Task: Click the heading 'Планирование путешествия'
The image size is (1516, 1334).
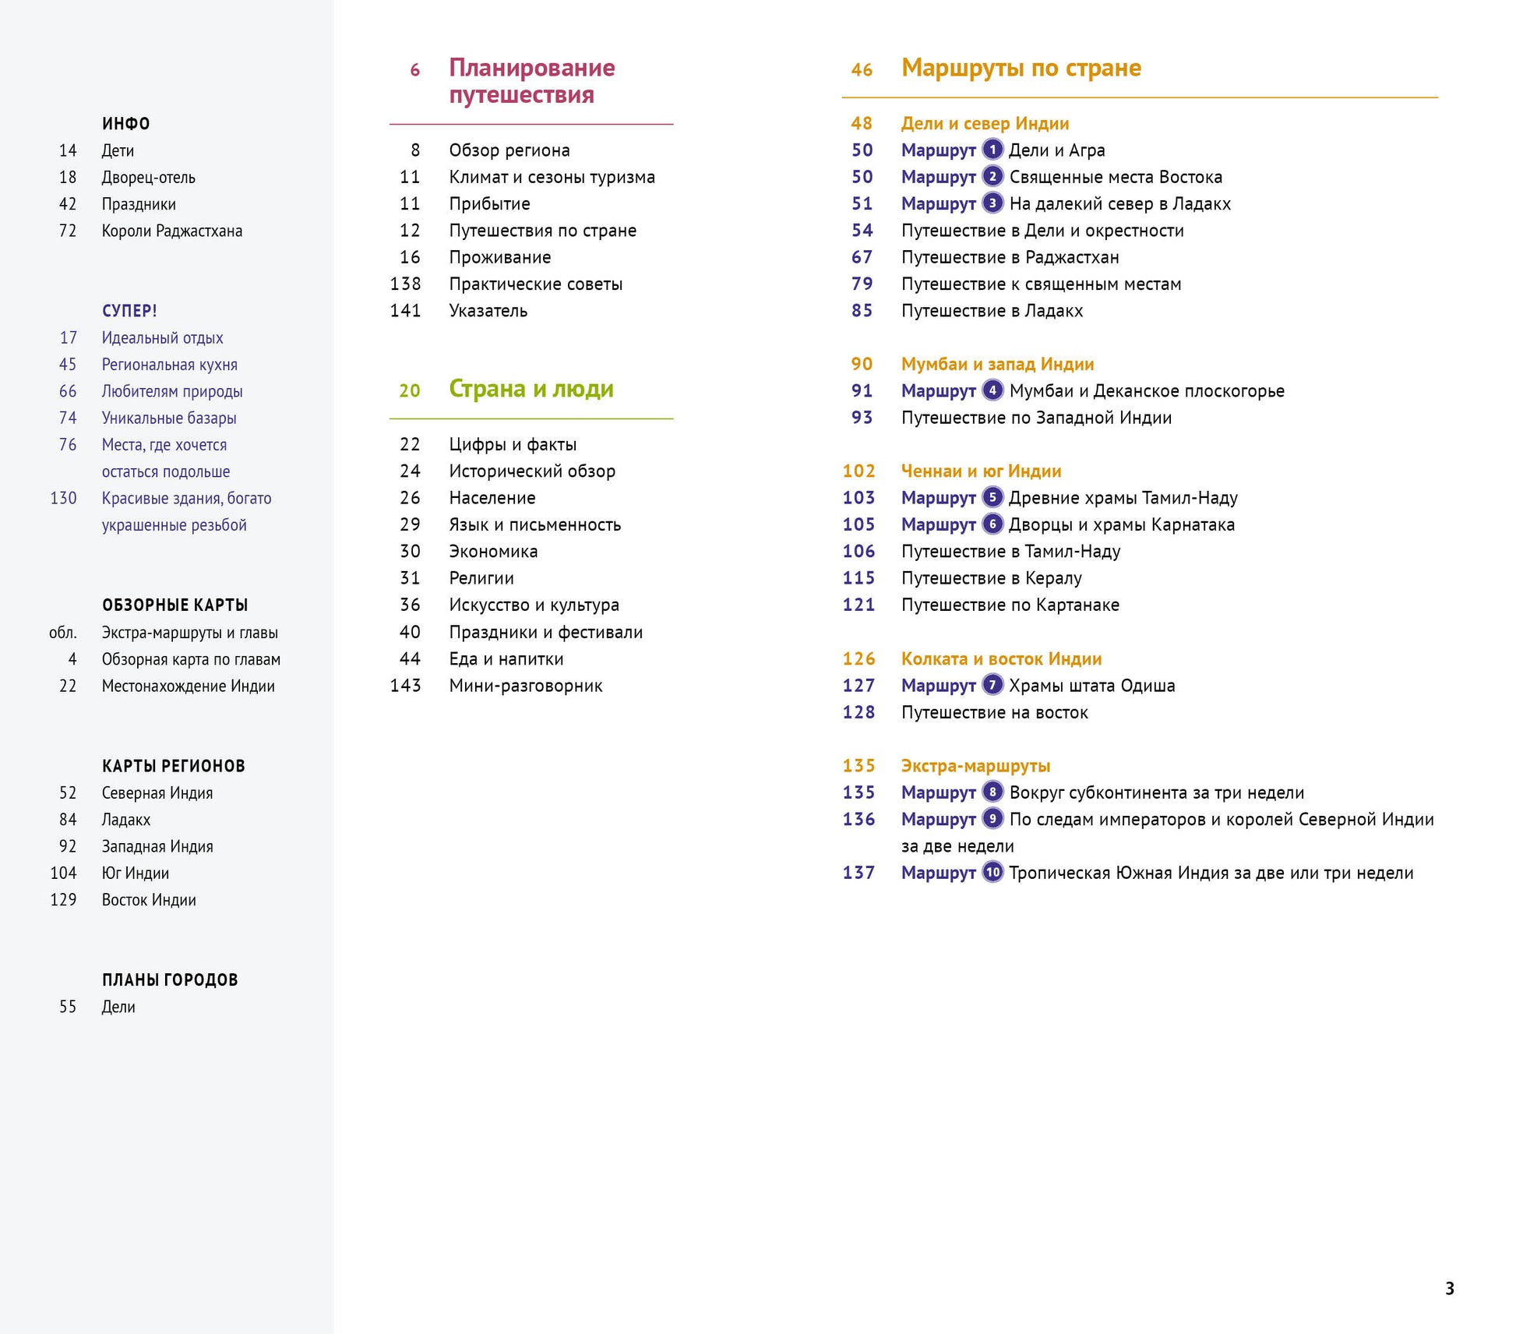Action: pyautogui.click(x=531, y=81)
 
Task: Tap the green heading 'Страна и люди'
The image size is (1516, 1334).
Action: pyautogui.click(x=531, y=389)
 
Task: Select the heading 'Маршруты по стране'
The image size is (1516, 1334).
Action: pyautogui.click(x=1021, y=69)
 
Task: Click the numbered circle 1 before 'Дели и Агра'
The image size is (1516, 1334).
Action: pyautogui.click(x=992, y=150)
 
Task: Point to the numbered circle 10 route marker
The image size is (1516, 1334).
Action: pyautogui.click(x=992, y=873)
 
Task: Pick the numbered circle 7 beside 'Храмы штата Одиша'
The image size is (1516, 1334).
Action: pyautogui.click(x=992, y=686)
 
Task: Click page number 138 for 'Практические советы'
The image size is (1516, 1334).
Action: pyautogui.click(x=405, y=284)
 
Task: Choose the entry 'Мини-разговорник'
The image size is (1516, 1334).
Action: pyautogui.click(x=525, y=686)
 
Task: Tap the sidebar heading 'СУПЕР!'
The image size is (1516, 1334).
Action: pyautogui.click(x=129, y=311)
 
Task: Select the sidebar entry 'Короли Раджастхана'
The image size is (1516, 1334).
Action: pyautogui.click(x=171, y=231)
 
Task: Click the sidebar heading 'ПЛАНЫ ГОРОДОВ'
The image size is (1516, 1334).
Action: pyautogui.click(x=170, y=980)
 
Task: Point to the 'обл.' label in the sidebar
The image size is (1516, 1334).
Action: pyautogui.click(x=62, y=633)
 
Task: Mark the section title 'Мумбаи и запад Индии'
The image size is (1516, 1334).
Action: pyautogui.click(x=997, y=365)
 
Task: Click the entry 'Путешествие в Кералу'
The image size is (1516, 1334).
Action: pyautogui.click(x=991, y=579)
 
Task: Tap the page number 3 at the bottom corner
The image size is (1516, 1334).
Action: pyautogui.click(x=1449, y=1289)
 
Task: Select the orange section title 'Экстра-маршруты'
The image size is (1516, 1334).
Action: pyautogui.click(x=975, y=766)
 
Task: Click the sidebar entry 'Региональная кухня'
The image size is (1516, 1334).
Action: pyautogui.click(x=169, y=365)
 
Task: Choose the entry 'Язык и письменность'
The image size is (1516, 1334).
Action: pyautogui.click(x=534, y=525)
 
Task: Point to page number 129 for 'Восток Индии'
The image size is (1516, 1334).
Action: pyautogui.click(x=63, y=900)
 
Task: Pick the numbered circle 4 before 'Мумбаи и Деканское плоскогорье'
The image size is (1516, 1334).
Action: pyautogui.click(x=992, y=390)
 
